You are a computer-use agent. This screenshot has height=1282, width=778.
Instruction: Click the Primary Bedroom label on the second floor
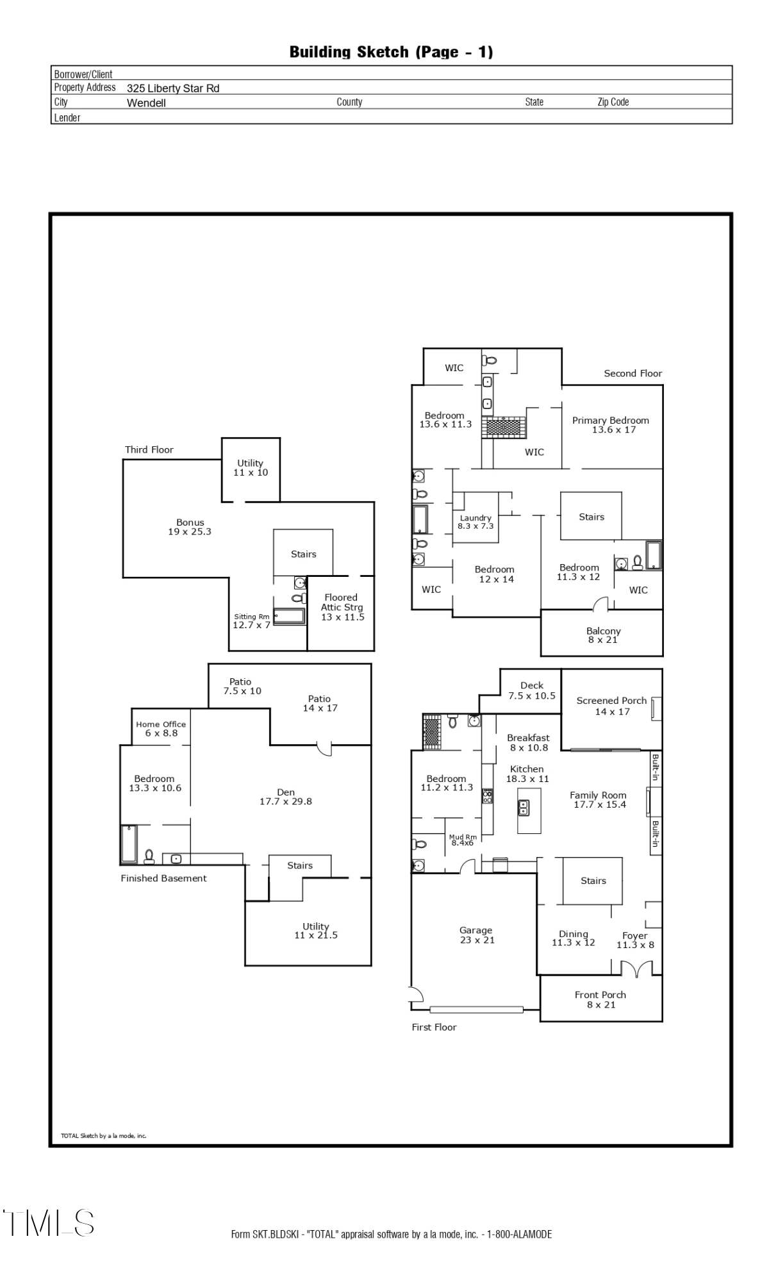point(610,425)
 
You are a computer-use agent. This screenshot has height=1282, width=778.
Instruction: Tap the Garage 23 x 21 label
point(476,935)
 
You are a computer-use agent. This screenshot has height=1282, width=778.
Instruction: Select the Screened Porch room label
point(611,706)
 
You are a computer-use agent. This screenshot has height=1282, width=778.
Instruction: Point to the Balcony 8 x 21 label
point(603,635)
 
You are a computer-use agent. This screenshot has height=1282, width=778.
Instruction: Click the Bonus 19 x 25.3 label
point(190,527)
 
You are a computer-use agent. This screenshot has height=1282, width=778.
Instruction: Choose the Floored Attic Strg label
point(342,607)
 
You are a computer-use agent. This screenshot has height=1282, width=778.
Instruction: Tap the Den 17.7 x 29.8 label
point(286,797)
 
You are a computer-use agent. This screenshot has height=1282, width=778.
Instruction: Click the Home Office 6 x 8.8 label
point(161,729)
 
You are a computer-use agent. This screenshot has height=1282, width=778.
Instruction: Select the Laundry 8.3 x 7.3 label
point(476,522)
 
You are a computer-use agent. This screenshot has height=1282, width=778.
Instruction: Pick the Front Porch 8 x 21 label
point(600,999)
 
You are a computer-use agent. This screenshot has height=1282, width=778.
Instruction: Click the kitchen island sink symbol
point(524,808)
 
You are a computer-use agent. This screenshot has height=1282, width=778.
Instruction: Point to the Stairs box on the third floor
point(303,553)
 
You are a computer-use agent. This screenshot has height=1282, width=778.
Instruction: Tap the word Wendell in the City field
point(146,103)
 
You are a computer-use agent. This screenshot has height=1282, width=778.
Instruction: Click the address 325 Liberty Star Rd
point(173,88)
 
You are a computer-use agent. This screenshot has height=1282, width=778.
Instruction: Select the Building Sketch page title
point(391,52)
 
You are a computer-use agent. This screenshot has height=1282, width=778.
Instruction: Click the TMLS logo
point(49,1223)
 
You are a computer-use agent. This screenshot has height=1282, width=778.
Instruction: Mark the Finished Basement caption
point(163,878)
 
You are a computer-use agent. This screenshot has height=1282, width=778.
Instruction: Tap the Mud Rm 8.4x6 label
point(463,840)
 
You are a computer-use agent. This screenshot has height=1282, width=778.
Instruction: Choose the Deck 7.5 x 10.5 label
point(532,690)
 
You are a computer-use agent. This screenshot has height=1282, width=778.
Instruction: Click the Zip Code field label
point(613,102)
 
